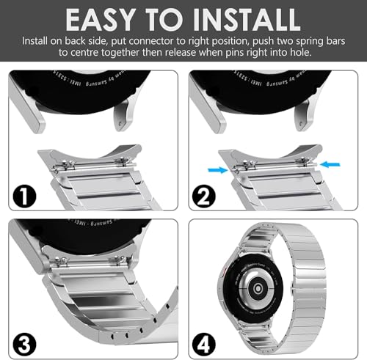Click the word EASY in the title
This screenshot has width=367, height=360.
coord(103,18)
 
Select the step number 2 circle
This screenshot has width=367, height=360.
coord(206,195)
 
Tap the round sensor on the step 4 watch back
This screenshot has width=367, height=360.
coord(264,287)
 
